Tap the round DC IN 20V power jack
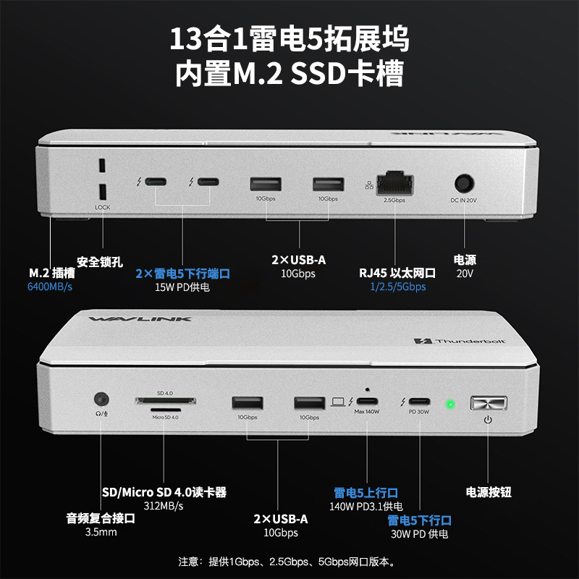463,182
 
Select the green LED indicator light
449,403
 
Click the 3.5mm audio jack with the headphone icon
101,399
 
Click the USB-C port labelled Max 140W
367,402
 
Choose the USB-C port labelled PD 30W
419,402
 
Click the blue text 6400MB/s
51,287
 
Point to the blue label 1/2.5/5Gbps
397,287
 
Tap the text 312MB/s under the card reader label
164,506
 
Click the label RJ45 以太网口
397,273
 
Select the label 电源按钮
489,492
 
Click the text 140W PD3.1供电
366,506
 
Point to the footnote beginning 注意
289,561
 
